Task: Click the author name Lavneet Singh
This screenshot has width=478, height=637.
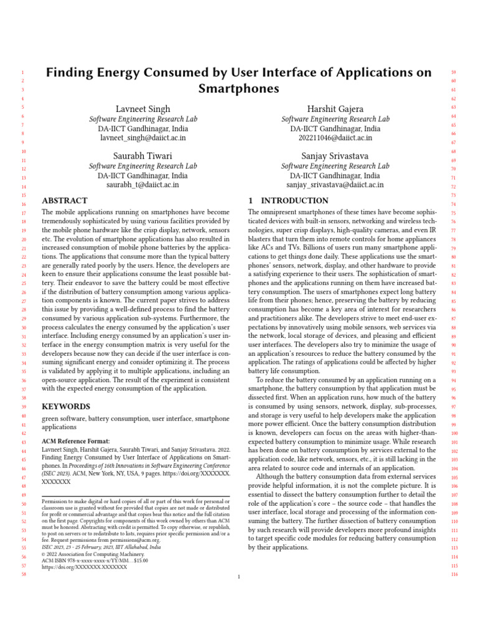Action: (143, 109)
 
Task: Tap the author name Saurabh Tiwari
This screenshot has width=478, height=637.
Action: (143, 156)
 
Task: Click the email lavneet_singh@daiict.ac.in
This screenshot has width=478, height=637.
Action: (143, 137)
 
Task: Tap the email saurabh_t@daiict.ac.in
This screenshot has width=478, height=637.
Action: (143, 184)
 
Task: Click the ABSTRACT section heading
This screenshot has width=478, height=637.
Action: (65, 201)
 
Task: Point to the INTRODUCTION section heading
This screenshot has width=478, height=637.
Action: (288, 201)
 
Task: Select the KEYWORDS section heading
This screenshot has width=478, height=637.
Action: (66, 406)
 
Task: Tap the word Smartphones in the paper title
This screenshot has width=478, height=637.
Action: (238, 88)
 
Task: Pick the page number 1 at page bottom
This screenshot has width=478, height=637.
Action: (239, 577)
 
